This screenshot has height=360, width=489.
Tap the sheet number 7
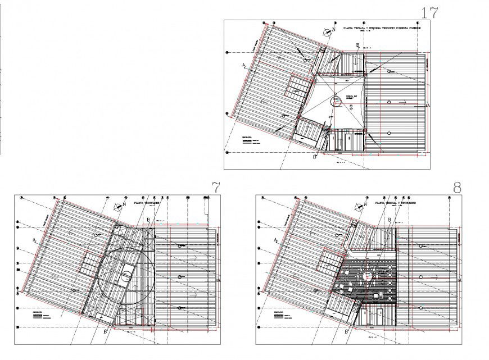pos(215,187)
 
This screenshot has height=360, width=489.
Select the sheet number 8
pos(456,187)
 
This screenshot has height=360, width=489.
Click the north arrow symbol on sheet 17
pos(326,32)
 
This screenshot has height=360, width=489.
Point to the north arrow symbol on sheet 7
pos(117,206)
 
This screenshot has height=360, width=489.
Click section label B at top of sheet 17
pos(356,45)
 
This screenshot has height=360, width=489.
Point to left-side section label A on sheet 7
pos(34,240)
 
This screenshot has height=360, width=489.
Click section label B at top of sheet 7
pos(147,220)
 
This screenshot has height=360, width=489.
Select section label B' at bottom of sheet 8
pos(346,332)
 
